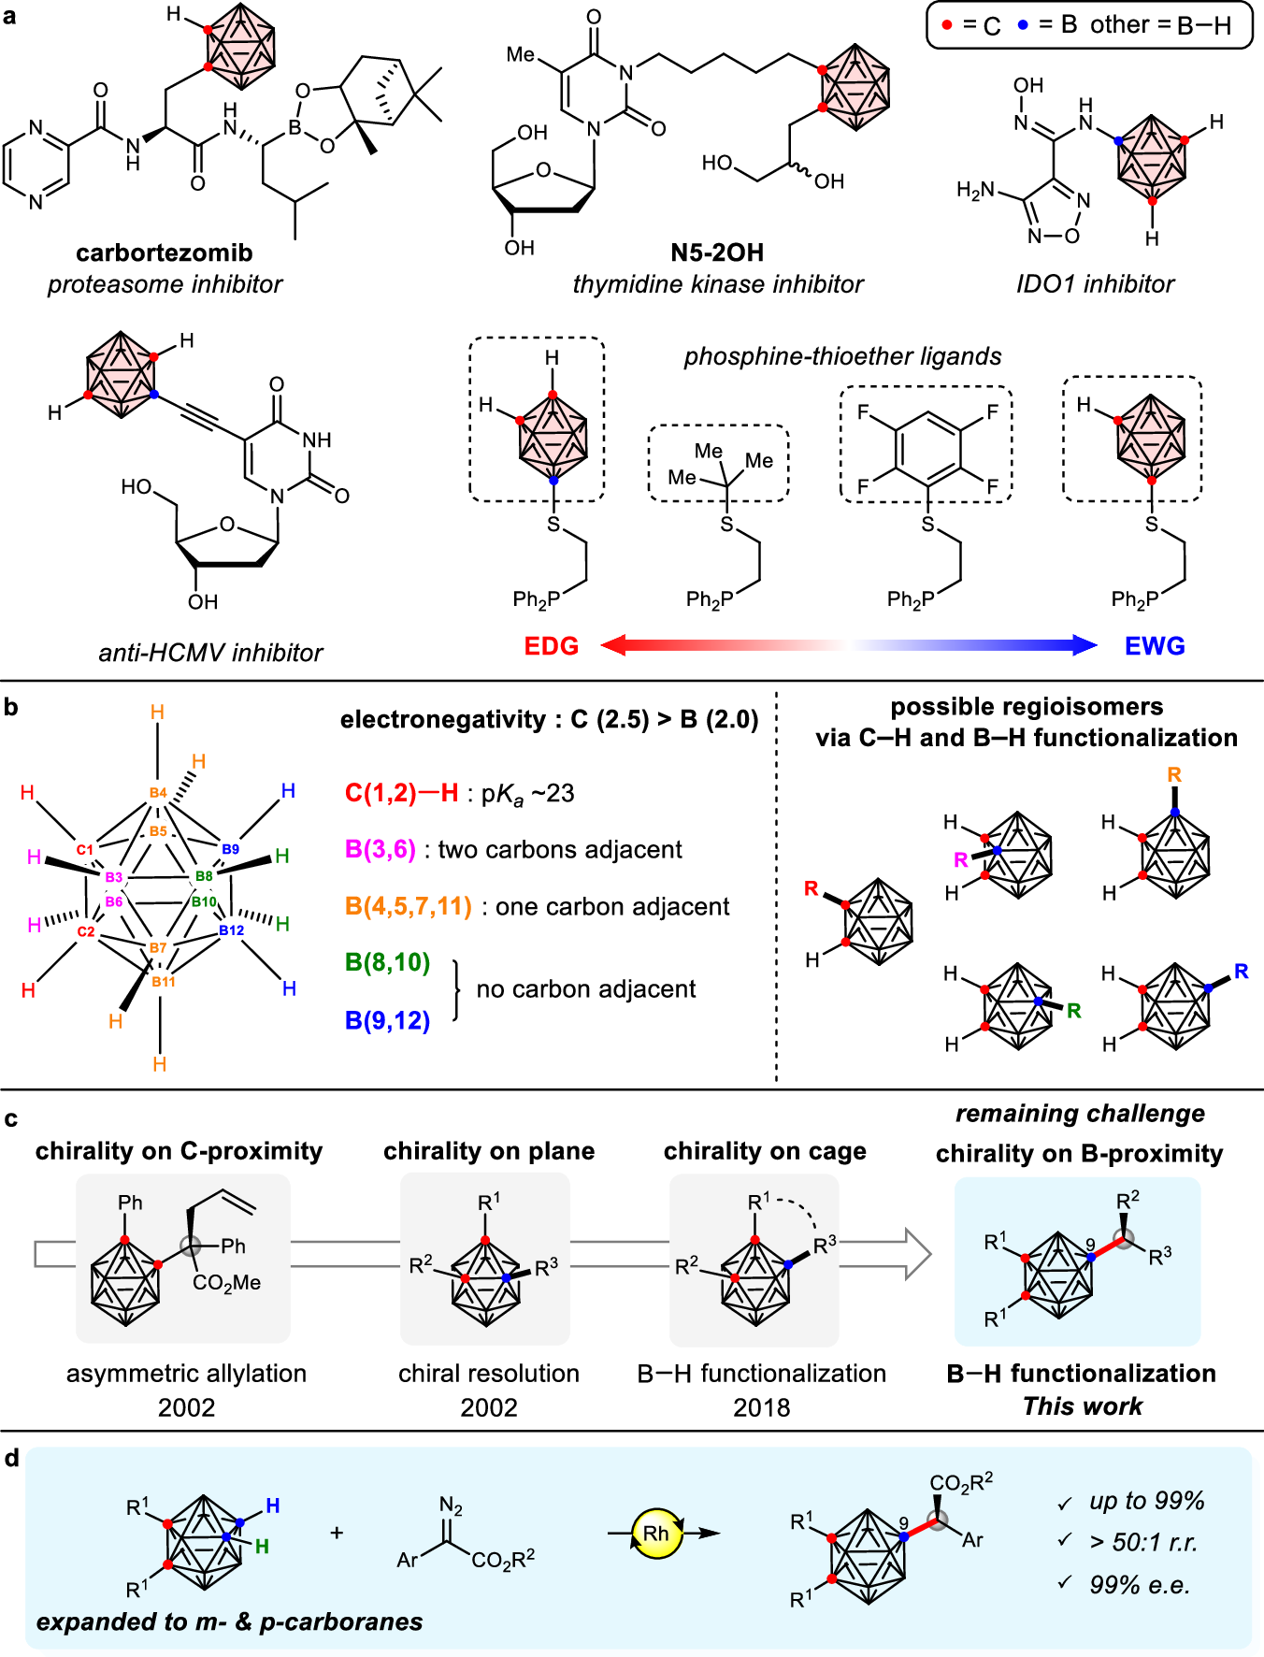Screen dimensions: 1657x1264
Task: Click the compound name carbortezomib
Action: [x=165, y=252]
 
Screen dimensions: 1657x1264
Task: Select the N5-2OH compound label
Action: [x=717, y=252]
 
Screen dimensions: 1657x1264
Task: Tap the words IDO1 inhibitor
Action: [x=1095, y=284]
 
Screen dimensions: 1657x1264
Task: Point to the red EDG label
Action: [x=551, y=646]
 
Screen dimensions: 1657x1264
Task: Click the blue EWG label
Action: [x=1155, y=646]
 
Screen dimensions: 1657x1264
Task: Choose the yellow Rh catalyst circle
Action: [x=656, y=1534]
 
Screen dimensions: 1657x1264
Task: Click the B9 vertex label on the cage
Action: [x=230, y=849]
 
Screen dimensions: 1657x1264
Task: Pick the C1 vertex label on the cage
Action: [x=85, y=850]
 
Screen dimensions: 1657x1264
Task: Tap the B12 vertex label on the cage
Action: [x=231, y=930]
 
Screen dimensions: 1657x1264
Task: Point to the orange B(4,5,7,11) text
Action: [x=408, y=906]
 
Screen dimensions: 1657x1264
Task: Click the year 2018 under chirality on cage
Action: [x=761, y=1407]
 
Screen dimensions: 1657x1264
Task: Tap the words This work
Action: [x=1082, y=1406]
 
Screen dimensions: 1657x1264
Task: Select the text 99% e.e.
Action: [x=1140, y=1585]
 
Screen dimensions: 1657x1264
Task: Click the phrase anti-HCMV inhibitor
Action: [x=210, y=653]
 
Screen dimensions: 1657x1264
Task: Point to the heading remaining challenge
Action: [x=1080, y=1114]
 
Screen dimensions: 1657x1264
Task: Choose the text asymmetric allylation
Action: [x=186, y=1373]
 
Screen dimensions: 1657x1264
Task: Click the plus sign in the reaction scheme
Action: [x=337, y=1533]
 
